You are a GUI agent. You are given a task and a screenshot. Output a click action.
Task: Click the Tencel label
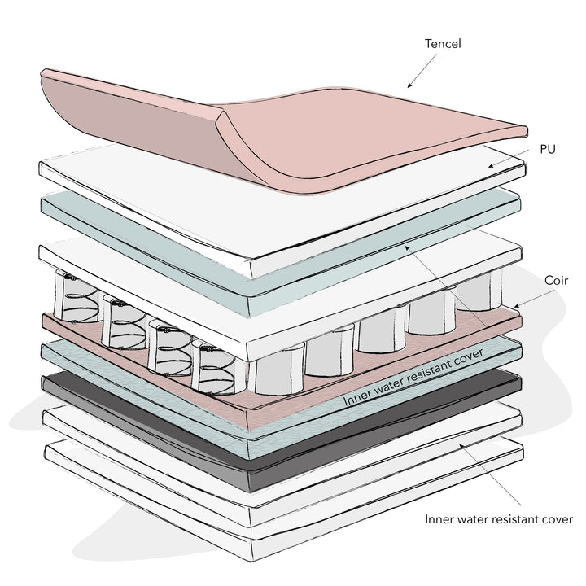tap(443, 44)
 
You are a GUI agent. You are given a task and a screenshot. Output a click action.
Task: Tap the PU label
tap(548, 150)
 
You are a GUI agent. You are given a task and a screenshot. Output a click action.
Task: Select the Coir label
tap(556, 281)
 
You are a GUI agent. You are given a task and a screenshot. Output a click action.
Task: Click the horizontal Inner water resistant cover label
tap(499, 519)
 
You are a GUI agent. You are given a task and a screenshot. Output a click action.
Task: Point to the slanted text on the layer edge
tap(413, 377)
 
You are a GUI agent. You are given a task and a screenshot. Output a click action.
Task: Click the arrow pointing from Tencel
tap(422, 71)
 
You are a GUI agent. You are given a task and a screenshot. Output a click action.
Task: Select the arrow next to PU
tap(509, 158)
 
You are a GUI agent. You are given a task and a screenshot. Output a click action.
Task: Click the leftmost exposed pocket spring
tap(77, 298)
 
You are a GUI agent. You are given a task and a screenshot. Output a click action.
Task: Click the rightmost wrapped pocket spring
tap(479, 291)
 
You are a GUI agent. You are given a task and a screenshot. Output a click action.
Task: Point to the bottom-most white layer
tap(284, 501)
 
